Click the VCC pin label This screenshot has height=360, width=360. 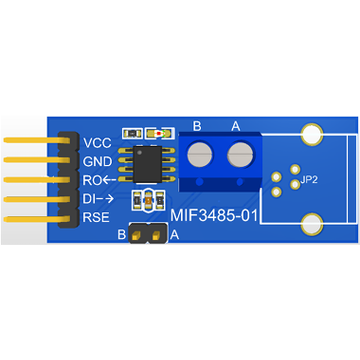(97, 143)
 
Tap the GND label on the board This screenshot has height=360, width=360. (97, 161)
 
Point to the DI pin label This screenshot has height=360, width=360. (88, 199)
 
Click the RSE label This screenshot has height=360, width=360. (96, 217)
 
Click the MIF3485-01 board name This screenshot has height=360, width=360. (214, 215)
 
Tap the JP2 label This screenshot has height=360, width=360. (309, 179)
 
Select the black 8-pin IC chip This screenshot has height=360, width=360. (147, 165)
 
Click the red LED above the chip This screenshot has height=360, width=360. (159, 133)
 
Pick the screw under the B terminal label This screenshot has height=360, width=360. (199, 155)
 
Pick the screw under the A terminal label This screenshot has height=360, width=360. (240, 155)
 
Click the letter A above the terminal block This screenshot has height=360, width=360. (236, 126)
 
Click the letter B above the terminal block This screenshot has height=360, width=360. (197, 126)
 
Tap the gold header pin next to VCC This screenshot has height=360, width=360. (37, 140)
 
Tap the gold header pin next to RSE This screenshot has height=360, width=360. (37, 219)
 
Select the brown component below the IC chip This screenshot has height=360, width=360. (148, 201)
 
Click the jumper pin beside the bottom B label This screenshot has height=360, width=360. (136, 235)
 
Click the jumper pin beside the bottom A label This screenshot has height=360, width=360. (156, 235)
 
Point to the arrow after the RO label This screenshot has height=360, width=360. (109, 180)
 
